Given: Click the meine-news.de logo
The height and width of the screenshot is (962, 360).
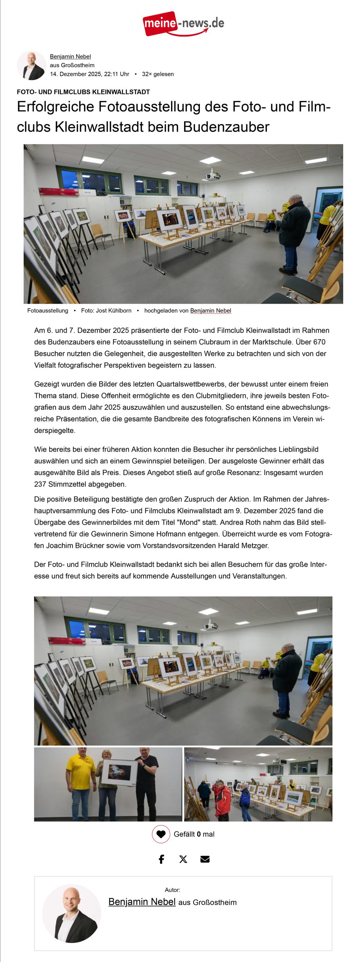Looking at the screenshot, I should [x=183, y=24].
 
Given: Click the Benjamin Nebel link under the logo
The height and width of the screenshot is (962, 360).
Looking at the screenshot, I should [x=70, y=56].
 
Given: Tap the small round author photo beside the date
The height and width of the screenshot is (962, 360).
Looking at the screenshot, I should [x=31, y=65].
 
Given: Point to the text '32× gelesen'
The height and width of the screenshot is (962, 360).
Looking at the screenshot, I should [x=158, y=74].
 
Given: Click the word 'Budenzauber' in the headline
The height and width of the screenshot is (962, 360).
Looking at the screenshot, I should [x=226, y=127].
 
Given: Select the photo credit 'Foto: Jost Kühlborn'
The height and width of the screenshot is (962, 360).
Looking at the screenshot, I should [x=106, y=310].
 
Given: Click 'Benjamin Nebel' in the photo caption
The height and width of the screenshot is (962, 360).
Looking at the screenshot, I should [x=210, y=310].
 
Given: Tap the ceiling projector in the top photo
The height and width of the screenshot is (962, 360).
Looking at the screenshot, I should [x=212, y=175].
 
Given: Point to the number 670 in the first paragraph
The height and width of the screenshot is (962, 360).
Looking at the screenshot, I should [x=319, y=342].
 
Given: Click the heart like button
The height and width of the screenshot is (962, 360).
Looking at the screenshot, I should [x=161, y=834].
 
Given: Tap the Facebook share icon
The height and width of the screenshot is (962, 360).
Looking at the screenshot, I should [x=162, y=859].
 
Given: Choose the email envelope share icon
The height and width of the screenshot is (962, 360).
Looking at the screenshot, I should [x=205, y=859].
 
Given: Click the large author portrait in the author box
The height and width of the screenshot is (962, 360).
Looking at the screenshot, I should [x=71, y=913].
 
